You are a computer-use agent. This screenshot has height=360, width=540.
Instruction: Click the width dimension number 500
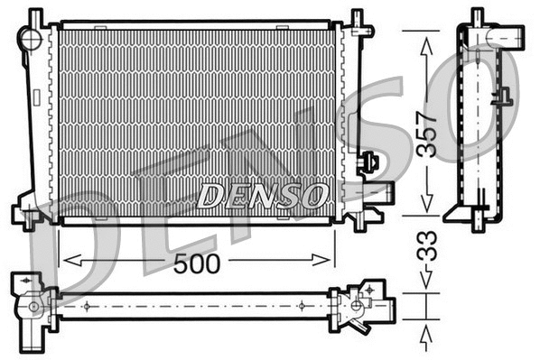coord(196,263)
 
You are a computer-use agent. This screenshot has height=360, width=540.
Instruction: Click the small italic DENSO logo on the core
coord(262,194)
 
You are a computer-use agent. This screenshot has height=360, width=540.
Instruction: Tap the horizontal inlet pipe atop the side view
coord(506,38)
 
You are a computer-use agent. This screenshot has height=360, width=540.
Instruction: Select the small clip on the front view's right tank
coord(367,162)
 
